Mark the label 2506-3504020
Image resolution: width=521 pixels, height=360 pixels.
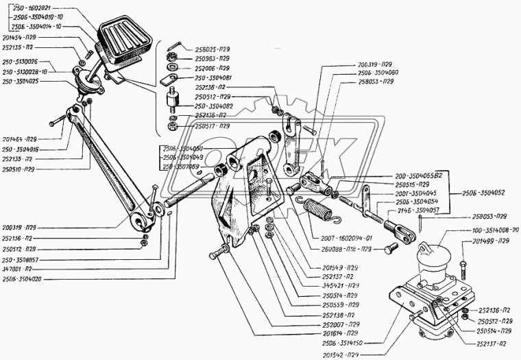[x=25, y=279]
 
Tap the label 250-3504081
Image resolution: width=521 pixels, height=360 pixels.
[x=215, y=78]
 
